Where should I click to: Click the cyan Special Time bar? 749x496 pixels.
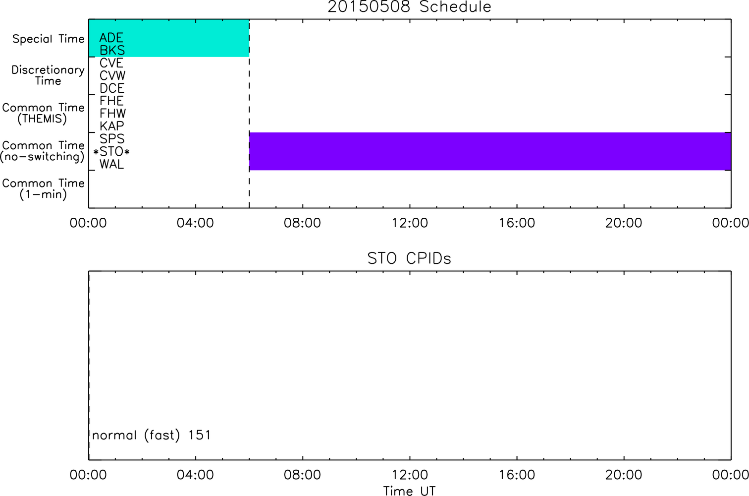[x=169, y=38]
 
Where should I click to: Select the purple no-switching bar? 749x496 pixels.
[x=490, y=151]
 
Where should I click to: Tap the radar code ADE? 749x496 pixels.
[x=111, y=38]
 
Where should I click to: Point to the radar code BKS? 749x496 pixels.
[x=112, y=50]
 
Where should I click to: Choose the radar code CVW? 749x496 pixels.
[x=112, y=75]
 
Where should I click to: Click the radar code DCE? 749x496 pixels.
[x=112, y=88]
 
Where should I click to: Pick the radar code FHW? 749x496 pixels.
[x=112, y=113]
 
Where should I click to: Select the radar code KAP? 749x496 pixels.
[x=112, y=126]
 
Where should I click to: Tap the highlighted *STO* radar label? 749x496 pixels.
[x=111, y=152]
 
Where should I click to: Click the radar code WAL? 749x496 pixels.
[x=111, y=165]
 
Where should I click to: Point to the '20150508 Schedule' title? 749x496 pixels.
[x=409, y=7]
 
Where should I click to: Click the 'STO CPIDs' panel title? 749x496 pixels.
[x=409, y=258]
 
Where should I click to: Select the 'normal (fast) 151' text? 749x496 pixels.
[x=152, y=435]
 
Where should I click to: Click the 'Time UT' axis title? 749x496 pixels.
[x=409, y=491]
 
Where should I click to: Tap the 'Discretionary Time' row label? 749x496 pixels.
[x=48, y=75]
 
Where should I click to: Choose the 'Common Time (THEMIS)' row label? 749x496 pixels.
[x=43, y=113]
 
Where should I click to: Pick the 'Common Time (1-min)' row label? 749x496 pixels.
[x=43, y=188]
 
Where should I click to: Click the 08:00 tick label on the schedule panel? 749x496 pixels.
[x=302, y=223]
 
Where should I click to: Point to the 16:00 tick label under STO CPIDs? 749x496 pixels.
[x=517, y=475]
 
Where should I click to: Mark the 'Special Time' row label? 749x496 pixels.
[x=49, y=39]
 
